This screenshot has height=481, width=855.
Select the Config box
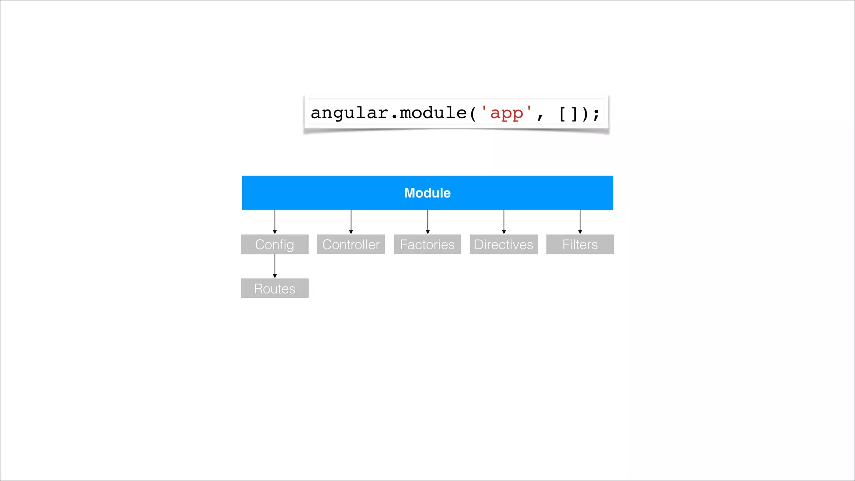[275, 244]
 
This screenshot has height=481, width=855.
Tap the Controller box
[351, 244]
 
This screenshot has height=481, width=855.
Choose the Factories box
[427, 244]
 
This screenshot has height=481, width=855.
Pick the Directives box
[503, 244]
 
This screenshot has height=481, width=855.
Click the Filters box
[580, 244]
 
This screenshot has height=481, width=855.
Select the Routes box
[275, 288]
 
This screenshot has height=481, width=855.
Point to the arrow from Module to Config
[275, 222]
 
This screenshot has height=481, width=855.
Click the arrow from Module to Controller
[351, 222]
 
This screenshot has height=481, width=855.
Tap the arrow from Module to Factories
[427, 222]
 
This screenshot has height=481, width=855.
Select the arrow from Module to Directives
[504, 222]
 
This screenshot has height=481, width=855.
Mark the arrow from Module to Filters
[580, 222]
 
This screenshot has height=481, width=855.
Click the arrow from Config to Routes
[275, 266]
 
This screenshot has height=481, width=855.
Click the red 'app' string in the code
[506, 113]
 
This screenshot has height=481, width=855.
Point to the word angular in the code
[349, 113]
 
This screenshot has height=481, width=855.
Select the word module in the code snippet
[433, 113]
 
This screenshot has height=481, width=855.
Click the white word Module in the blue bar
[427, 193]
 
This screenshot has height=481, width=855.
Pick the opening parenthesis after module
[473, 114]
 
